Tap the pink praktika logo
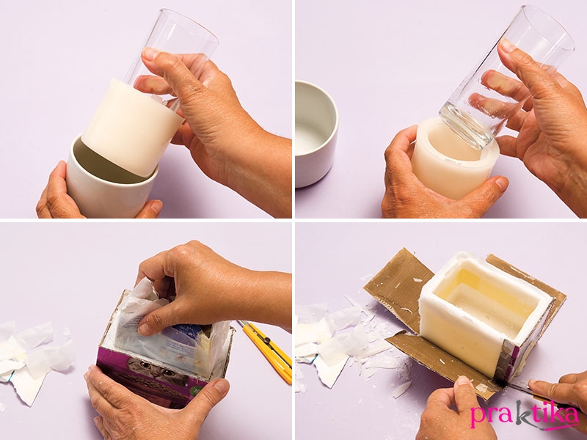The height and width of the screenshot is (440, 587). point(525,414)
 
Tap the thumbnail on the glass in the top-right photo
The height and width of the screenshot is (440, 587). point(508,45)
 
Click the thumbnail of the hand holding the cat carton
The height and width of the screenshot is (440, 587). point(220,386)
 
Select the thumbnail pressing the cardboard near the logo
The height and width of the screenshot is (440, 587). point(464,381)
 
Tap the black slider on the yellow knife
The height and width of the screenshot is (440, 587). point(266,340)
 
